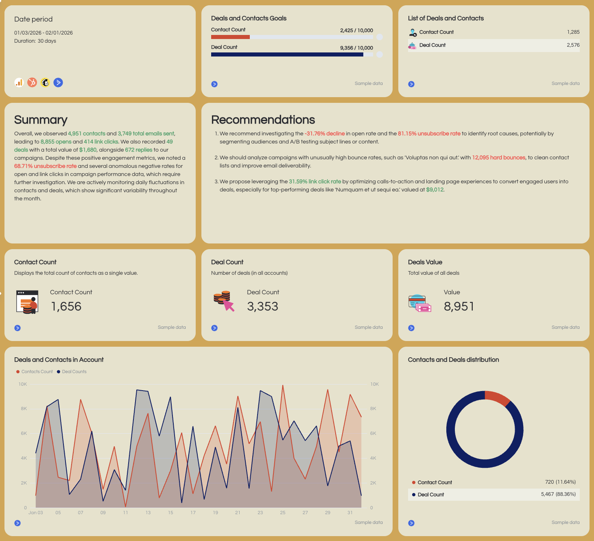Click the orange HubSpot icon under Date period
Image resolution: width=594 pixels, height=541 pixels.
(x=32, y=83)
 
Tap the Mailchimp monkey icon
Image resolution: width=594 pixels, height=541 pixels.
(x=45, y=83)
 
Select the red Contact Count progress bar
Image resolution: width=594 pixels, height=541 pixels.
(x=230, y=37)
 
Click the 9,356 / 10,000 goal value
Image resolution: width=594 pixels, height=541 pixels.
(x=356, y=48)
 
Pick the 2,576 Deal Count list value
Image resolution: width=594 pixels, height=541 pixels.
(x=573, y=45)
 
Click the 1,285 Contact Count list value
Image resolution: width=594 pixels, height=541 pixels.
(x=573, y=32)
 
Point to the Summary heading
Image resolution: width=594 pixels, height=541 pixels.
(x=41, y=120)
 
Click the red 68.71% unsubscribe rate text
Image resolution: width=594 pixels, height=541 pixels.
(x=46, y=166)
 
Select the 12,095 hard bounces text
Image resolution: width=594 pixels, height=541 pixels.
(x=498, y=158)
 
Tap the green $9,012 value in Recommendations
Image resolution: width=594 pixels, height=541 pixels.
(x=435, y=190)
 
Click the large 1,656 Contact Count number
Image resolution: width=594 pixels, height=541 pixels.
(x=66, y=306)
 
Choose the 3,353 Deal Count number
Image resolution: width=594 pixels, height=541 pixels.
(x=262, y=306)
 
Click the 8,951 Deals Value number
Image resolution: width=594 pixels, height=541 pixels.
(x=459, y=306)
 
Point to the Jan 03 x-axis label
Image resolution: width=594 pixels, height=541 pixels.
(x=35, y=513)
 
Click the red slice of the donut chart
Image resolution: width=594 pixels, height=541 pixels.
(x=497, y=398)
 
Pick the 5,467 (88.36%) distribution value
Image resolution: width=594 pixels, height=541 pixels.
(x=558, y=495)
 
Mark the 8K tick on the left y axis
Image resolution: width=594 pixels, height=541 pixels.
(x=24, y=409)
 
